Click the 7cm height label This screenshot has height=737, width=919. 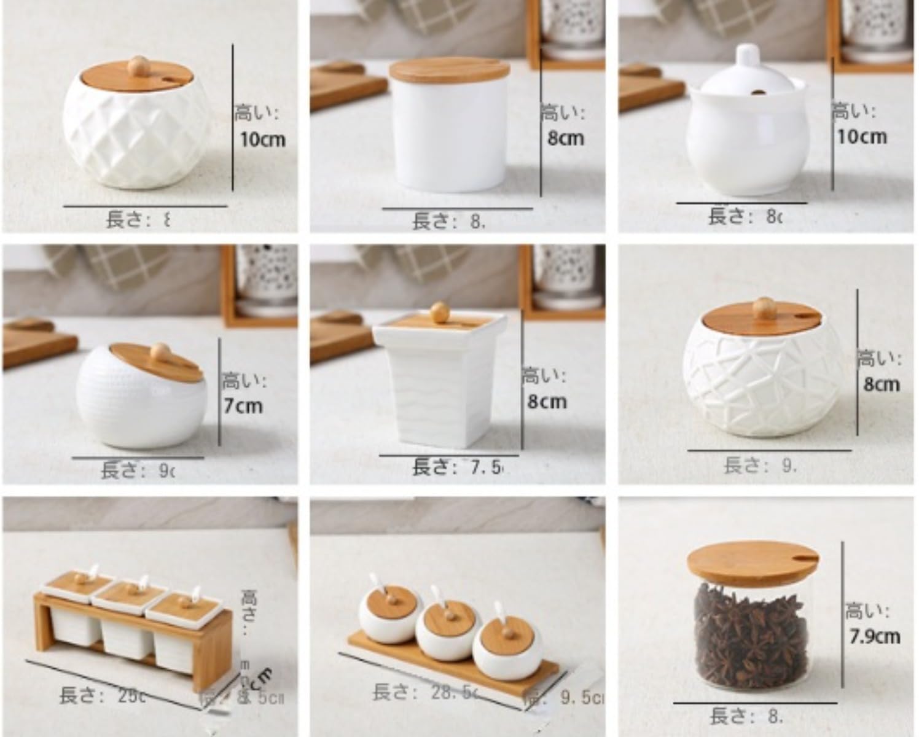point(243,406)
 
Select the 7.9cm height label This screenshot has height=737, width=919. point(875,636)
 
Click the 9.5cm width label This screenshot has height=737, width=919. point(581,697)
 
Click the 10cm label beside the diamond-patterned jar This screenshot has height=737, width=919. point(262,139)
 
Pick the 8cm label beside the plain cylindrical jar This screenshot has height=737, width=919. point(565,138)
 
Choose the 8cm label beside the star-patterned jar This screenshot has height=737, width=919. point(881,384)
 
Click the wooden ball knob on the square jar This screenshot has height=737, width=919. point(440,309)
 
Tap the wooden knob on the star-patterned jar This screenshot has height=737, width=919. point(763,305)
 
